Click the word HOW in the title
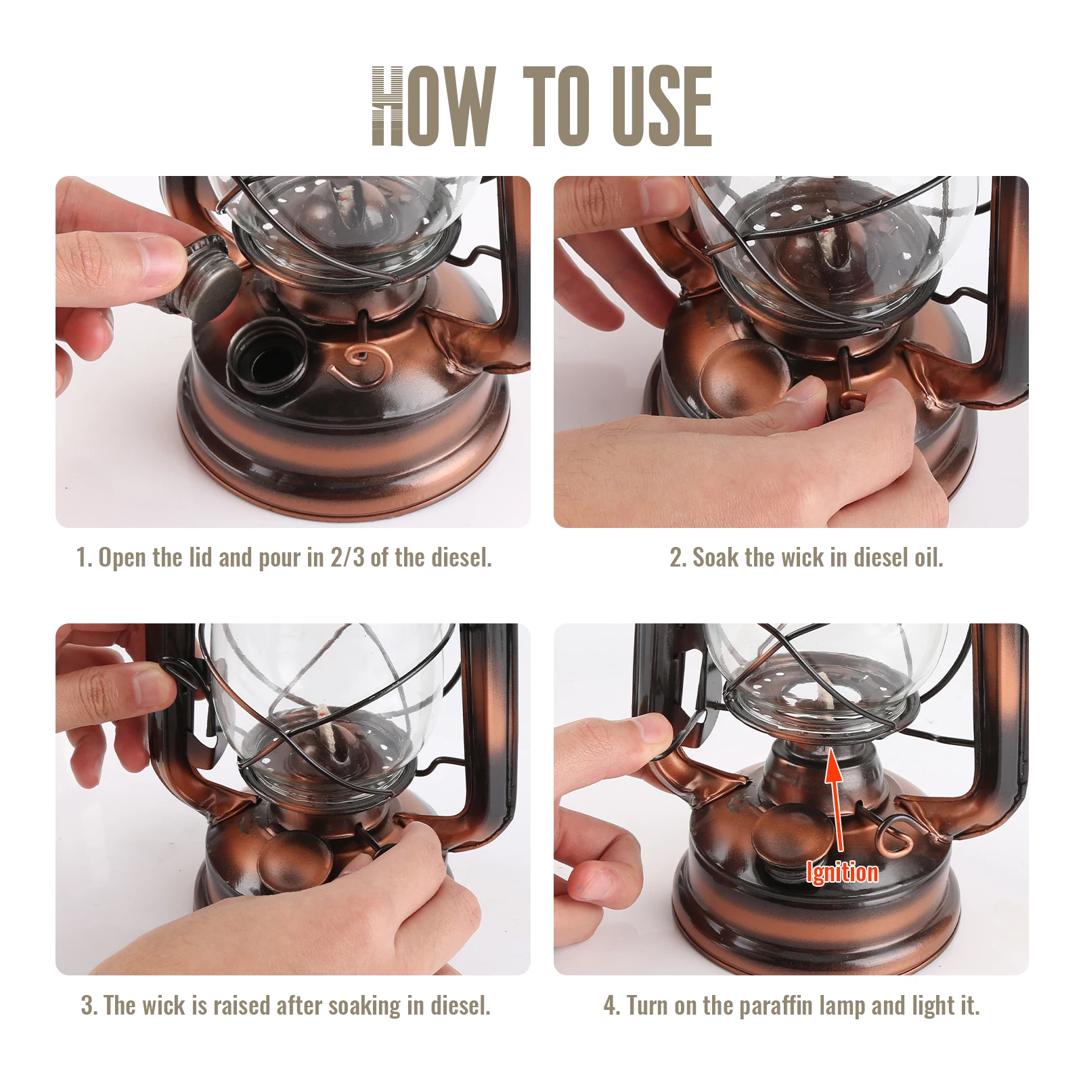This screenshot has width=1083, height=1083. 434,106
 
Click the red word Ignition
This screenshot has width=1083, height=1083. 842,872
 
